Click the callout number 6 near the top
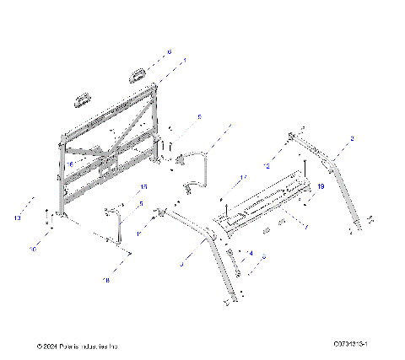(x=168, y=52)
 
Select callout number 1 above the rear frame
(x=185, y=60)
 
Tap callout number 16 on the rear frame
(x=72, y=164)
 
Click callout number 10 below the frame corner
(x=33, y=250)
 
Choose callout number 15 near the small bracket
(x=143, y=186)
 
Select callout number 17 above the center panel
(x=241, y=177)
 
